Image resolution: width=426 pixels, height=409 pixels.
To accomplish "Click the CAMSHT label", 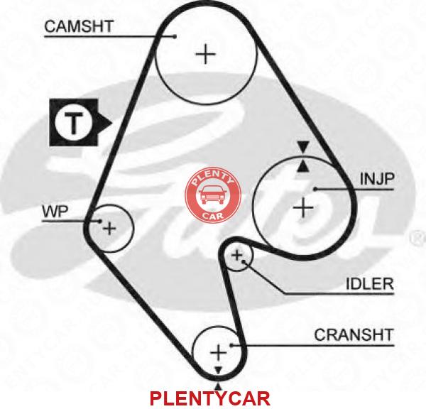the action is (x=79, y=26).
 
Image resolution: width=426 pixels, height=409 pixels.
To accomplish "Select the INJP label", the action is (x=377, y=179).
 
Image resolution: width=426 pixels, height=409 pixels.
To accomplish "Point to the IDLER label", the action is (x=370, y=284).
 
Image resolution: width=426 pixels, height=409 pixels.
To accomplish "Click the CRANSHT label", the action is (x=354, y=335).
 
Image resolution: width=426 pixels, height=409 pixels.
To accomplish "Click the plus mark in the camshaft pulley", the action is (x=206, y=54).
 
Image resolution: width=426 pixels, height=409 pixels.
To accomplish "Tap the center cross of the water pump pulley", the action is (x=109, y=228).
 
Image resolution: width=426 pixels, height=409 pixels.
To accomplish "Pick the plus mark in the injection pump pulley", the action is (x=303, y=208).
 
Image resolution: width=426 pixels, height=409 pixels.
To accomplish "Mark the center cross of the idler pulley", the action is (x=236, y=255).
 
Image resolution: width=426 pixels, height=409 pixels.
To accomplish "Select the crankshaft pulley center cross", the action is (x=219, y=352).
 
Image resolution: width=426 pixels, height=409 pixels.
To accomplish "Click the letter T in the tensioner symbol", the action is (x=72, y=123).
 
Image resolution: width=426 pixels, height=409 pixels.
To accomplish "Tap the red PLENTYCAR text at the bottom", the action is (x=209, y=398).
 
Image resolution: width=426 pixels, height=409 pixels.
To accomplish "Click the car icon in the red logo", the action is (x=213, y=195).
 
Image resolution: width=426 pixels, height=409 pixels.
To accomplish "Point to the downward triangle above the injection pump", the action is (x=303, y=146).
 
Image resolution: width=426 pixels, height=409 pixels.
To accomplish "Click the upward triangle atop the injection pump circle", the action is (x=303, y=166).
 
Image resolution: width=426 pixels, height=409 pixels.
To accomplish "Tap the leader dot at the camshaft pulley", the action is (x=175, y=36).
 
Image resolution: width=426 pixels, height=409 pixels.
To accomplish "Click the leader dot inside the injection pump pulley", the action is (x=315, y=189).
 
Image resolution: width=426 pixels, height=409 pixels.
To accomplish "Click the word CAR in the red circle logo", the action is (x=213, y=216).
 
